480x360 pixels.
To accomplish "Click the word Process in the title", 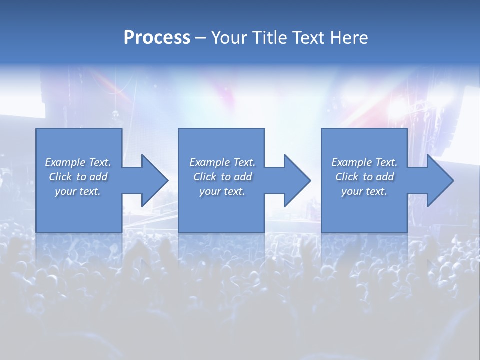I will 157,38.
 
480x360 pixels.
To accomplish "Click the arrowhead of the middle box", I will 296,180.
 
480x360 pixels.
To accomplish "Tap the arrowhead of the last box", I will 439,180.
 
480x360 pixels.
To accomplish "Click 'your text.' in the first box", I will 78,191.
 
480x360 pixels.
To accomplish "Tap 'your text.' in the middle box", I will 222,191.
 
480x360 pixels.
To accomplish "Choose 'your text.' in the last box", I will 364,191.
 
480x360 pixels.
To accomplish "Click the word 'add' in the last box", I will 385,177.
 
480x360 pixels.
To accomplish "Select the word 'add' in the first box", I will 98,177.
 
